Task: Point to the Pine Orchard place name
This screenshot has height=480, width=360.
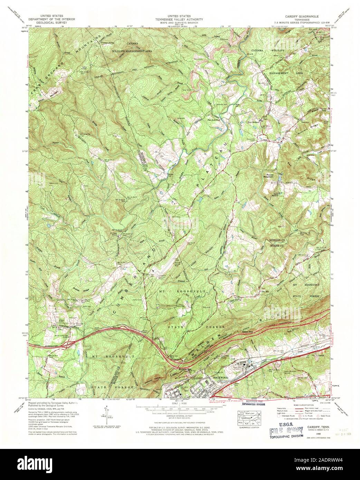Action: tap(254, 122)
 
